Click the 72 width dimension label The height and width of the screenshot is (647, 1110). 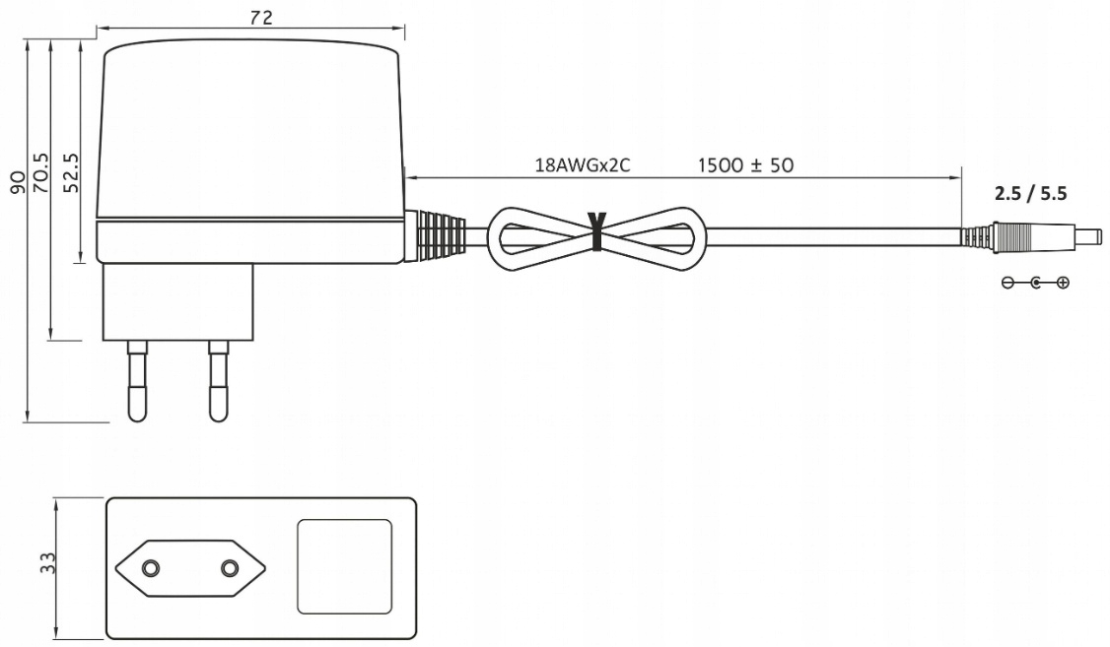pyautogui.click(x=259, y=18)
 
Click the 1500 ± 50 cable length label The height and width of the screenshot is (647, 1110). pyautogui.click(x=744, y=164)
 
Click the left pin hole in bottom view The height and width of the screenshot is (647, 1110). pyautogui.click(x=150, y=568)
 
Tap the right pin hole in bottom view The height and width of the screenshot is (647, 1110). pyautogui.click(x=230, y=568)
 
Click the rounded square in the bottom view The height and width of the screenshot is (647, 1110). pyautogui.click(x=344, y=567)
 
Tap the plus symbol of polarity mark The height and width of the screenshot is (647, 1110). pyautogui.click(x=1062, y=283)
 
